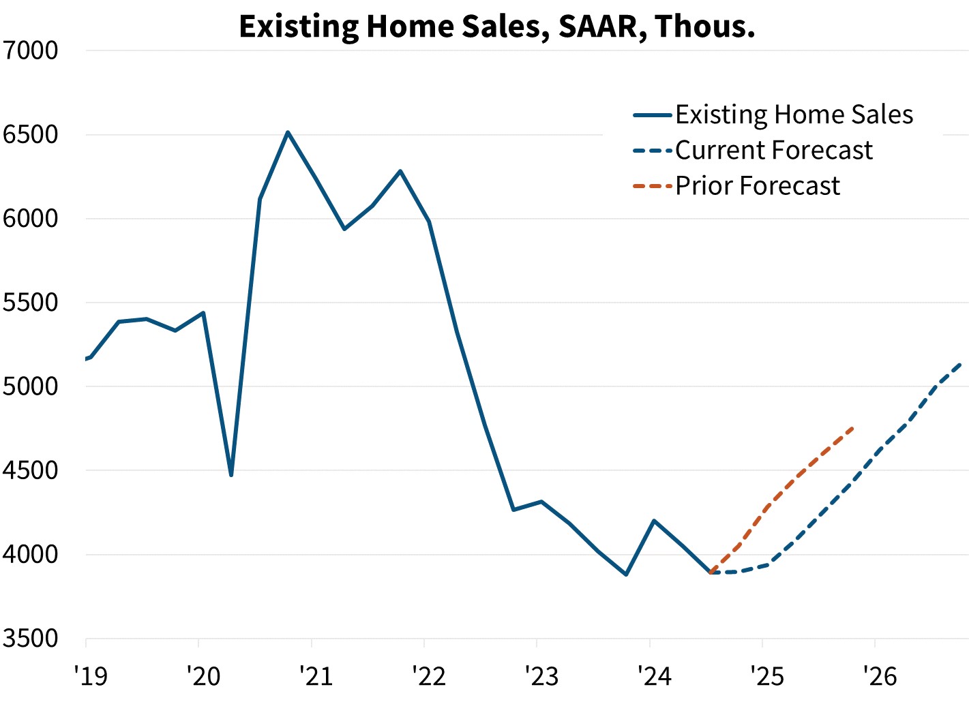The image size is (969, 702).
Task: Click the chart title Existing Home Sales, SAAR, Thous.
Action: click(x=497, y=27)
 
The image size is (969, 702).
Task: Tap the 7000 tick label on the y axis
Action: click(x=31, y=50)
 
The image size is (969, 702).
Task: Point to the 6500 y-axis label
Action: click(x=31, y=134)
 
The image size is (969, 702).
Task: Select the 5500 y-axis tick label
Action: click(x=31, y=303)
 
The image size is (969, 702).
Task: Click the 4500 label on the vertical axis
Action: click(x=31, y=470)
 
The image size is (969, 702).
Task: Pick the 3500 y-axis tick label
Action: click(x=31, y=639)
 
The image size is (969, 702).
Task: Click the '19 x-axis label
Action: click(x=90, y=676)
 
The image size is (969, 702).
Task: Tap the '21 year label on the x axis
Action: click(x=316, y=676)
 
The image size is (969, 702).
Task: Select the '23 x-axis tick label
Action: click(x=541, y=676)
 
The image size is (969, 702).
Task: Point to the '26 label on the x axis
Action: click(x=880, y=676)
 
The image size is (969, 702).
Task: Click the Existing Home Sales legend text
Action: click(x=794, y=115)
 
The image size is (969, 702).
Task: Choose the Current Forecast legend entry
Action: click(x=773, y=151)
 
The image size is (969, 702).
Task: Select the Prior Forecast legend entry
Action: click(x=757, y=186)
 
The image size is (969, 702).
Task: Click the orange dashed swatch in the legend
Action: click(x=653, y=186)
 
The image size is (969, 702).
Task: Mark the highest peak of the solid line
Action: click(x=288, y=132)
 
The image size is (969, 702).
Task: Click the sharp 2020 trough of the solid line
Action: click(x=231, y=475)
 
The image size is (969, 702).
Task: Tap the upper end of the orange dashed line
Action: click(x=852, y=428)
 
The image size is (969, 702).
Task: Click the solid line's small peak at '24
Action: click(x=654, y=521)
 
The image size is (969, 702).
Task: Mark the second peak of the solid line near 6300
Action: click(x=400, y=171)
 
